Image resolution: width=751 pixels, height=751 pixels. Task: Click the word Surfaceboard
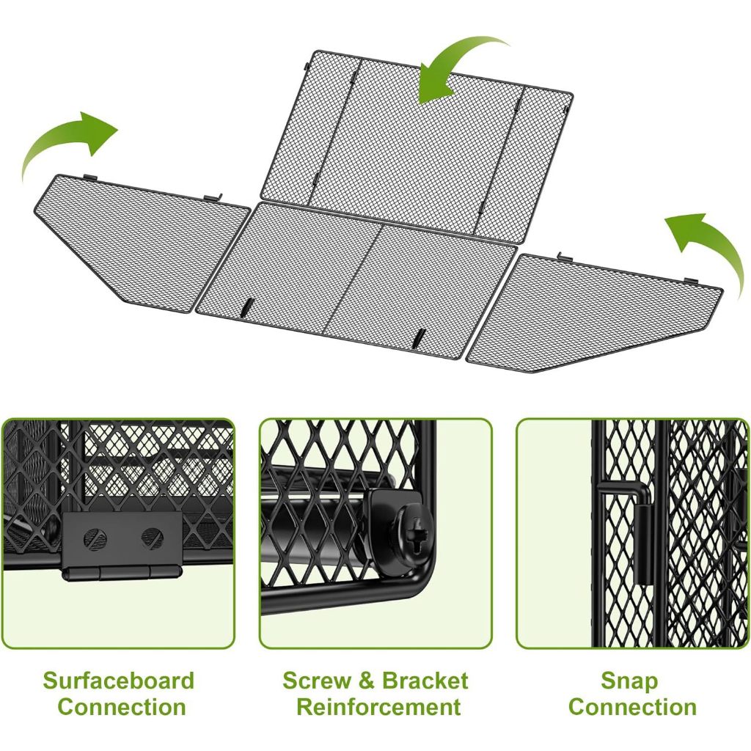pyautogui.click(x=118, y=681)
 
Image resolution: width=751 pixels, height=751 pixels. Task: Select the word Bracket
pyautogui.click(x=425, y=681)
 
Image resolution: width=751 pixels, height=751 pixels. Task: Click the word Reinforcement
pyautogui.click(x=378, y=707)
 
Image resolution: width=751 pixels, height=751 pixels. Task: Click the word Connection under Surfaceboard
pyautogui.click(x=122, y=707)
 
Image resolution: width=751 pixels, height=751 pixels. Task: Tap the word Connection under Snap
pyautogui.click(x=632, y=707)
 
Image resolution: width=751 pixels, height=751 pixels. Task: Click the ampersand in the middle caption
pyautogui.click(x=367, y=681)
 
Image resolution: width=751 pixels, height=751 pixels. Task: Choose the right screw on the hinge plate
pyautogui.click(x=153, y=538)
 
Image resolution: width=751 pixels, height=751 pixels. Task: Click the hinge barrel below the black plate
pyautogui.click(x=122, y=572)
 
